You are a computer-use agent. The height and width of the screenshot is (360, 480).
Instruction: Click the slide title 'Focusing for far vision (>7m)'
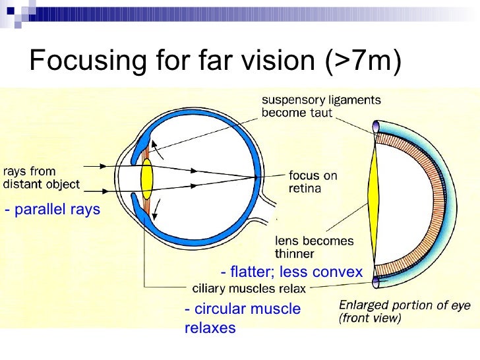coord(215,61)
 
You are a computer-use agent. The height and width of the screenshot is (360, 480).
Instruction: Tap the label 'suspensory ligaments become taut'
coord(321,106)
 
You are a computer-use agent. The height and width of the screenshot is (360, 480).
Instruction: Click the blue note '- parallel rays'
coord(52,210)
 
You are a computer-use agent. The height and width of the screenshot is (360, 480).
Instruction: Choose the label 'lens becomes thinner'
coord(313,246)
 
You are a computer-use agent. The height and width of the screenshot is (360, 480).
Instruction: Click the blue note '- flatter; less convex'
coord(292,272)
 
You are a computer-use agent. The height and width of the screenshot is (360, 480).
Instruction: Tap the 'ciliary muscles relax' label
coord(249,288)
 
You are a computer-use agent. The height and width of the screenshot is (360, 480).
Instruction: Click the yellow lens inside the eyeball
coord(147,180)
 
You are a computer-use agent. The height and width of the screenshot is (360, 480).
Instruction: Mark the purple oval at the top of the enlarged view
coord(376,125)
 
